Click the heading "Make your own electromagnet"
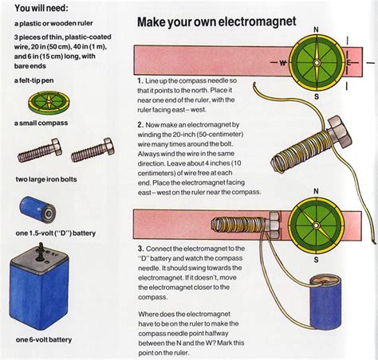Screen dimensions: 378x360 pyautogui.click(x=216, y=22)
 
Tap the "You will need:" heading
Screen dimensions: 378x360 pyautogui.click(x=41, y=8)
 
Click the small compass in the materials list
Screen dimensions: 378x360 pyautogui.click(x=49, y=102)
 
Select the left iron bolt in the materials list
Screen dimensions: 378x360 pyautogui.click(x=40, y=150)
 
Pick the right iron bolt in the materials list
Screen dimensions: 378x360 pyautogui.click(x=93, y=150)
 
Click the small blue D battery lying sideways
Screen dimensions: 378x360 pyautogui.click(x=37, y=210)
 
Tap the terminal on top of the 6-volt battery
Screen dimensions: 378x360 pyautogui.click(x=41, y=251)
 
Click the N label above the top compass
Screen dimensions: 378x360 pyautogui.click(x=316, y=29)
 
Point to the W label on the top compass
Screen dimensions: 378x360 pyautogui.click(x=283, y=63)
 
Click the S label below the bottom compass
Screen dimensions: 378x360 pyautogui.click(x=316, y=260)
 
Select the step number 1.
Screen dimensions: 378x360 pyautogui.click(x=140, y=80)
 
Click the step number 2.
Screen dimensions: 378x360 pyautogui.click(x=141, y=125)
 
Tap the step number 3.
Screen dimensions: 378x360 pyautogui.click(x=141, y=248)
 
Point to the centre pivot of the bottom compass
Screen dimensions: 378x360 pyautogui.click(x=316, y=225)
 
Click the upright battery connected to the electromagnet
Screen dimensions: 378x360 pyautogui.click(x=325, y=302)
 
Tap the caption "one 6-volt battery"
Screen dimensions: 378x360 pyautogui.click(x=44, y=340)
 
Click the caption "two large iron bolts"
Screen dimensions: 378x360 pyautogui.click(x=46, y=179)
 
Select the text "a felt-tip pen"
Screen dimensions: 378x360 pyautogui.click(x=34, y=80)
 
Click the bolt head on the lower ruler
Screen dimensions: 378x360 pyautogui.click(x=274, y=225)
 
